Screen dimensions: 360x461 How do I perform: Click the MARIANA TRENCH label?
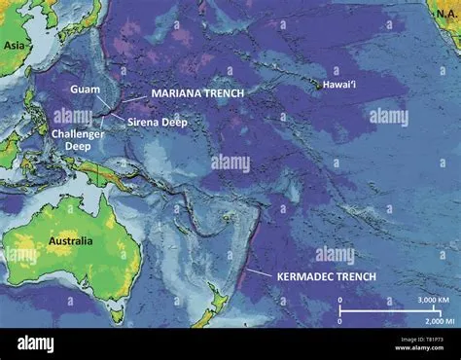coord(196,92)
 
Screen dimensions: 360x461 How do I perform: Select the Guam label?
coord(84,90)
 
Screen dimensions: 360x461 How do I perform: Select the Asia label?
coord(14,45)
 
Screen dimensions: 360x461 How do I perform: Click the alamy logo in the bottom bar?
coord(37,343)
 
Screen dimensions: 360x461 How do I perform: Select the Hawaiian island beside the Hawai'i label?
coord(318,87)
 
